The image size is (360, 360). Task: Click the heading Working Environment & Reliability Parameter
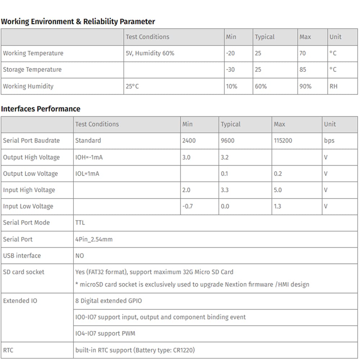tap(78, 22)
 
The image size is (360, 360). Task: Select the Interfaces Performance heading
tap(41, 109)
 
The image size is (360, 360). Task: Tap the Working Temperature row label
tap(33, 53)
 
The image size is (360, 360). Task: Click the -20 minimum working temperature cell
tap(230, 53)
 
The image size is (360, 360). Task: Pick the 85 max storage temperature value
tap(303, 69)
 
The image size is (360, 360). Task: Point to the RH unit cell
tap(334, 86)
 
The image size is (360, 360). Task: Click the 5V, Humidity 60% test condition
tap(150, 53)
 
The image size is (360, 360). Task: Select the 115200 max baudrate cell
tap(283, 140)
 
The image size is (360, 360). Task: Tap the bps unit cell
tap(329, 140)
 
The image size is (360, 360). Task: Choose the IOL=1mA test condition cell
tap(87, 174)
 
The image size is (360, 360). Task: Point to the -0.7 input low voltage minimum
tap(188, 206)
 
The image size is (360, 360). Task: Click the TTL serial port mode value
tap(80, 222)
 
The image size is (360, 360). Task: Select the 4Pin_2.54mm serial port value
tap(94, 239)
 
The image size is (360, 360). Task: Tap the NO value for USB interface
tap(80, 256)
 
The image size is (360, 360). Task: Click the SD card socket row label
tap(24, 272)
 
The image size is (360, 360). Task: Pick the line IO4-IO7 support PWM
tap(105, 333)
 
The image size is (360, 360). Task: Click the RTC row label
tap(8, 350)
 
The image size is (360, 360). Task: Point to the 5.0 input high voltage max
tap(278, 190)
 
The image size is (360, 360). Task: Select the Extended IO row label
tap(20, 301)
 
